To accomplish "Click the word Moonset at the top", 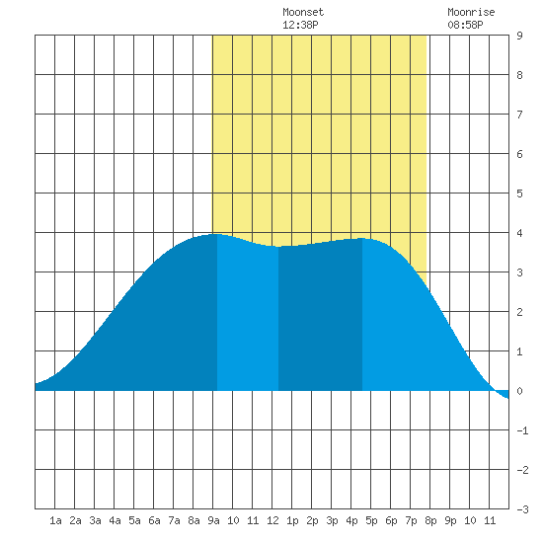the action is tap(303, 12).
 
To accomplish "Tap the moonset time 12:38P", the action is tap(300, 25).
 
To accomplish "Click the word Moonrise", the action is tap(471, 12).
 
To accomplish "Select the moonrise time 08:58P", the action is tap(465, 25).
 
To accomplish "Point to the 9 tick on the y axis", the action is tap(519, 36).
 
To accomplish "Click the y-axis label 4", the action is tap(519, 233).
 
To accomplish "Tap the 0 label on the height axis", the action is tap(519, 391).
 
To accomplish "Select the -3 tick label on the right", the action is tap(522, 509).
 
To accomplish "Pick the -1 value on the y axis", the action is tap(522, 430).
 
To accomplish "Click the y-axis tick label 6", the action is tap(519, 154).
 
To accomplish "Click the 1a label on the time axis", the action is tap(55, 520).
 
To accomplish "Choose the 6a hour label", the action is tap(154, 520).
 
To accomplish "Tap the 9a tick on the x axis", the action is tap(213, 520).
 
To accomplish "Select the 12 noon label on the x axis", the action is tap(272, 520).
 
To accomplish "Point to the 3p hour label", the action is tap(332, 520).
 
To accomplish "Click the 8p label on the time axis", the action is tap(430, 520).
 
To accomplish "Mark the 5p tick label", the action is tap(371, 520).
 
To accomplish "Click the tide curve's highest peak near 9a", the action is tap(216, 234).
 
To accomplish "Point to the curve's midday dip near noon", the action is tap(278, 247).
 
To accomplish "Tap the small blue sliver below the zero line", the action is tap(503, 394).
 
